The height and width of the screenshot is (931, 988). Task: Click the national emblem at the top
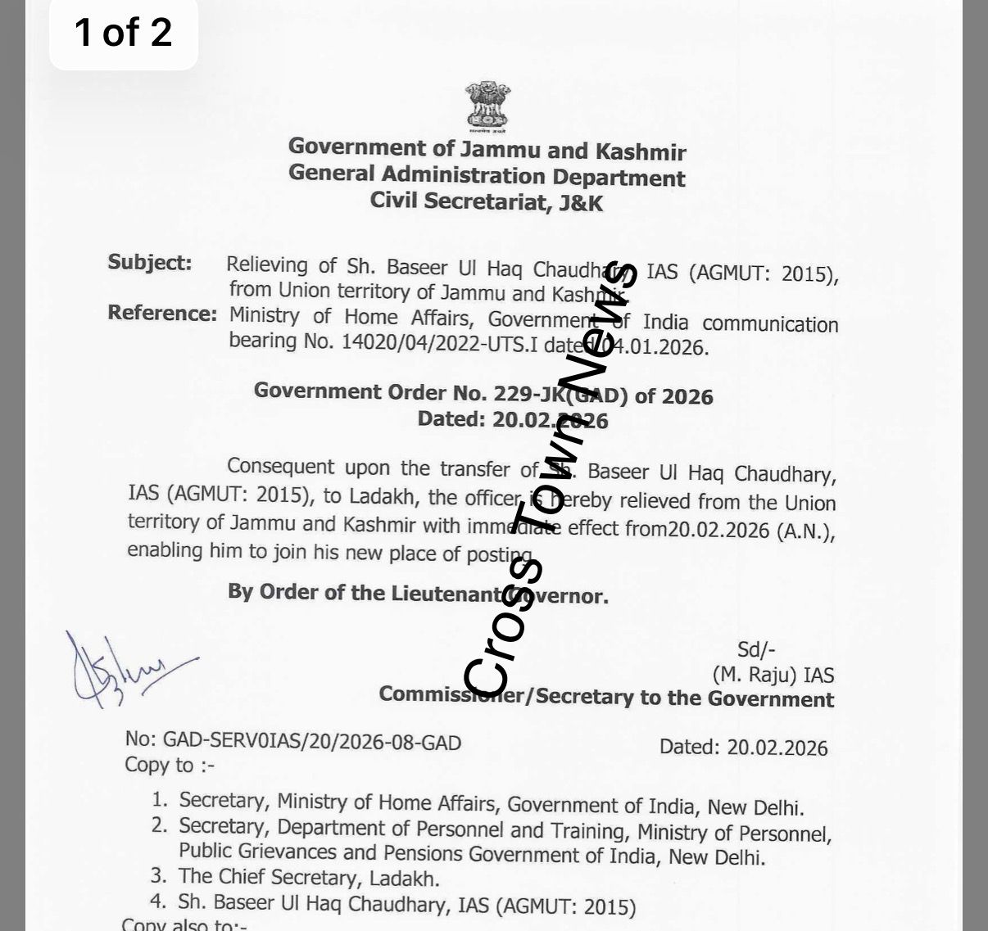coord(488,107)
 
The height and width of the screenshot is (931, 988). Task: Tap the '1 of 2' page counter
coord(123,33)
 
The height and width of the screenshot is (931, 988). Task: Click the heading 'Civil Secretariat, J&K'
coord(486,201)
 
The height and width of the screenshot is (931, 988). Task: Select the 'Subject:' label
coord(150,263)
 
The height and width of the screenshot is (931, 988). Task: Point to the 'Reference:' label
coord(162,314)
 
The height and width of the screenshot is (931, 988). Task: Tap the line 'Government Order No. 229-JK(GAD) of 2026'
coord(483,394)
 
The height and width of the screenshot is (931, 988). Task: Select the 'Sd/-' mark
coord(756,650)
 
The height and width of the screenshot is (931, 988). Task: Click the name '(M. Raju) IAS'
coord(773,676)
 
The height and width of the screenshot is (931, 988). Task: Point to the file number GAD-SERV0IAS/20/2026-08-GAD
coord(292,742)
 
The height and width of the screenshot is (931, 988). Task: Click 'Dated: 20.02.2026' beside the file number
coord(743,748)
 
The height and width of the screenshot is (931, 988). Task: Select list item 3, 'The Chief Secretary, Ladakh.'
coord(309,878)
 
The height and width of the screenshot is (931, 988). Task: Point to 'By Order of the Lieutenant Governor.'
coord(418,594)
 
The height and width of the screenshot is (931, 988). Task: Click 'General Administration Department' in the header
coord(487,175)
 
